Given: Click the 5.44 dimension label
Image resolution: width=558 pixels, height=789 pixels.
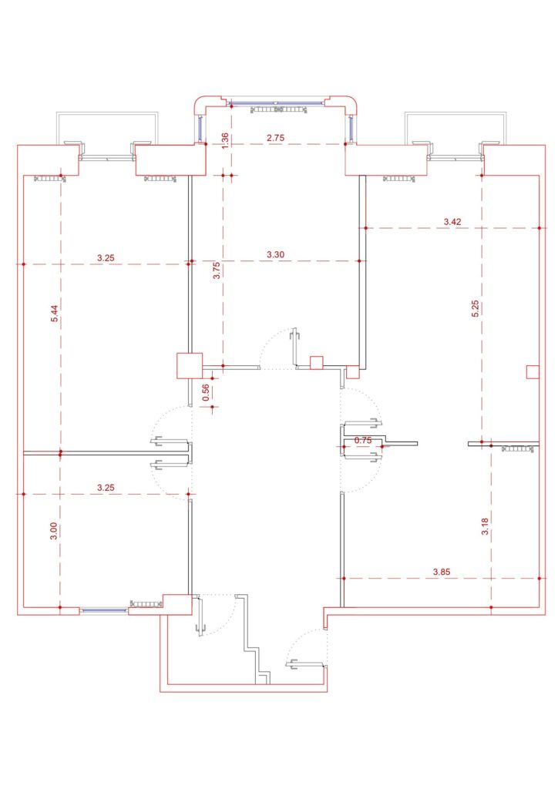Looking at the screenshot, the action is pyautogui.click(x=55, y=314).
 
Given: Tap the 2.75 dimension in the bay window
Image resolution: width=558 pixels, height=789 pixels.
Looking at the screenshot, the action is pyautogui.click(x=275, y=137).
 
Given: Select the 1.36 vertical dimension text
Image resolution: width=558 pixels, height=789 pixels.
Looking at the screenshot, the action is pyautogui.click(x=225, y=139).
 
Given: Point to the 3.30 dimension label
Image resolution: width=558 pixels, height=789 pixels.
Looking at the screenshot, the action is pyautogui.click(x=275, y=254).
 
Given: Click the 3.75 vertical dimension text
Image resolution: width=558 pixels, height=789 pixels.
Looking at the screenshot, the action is pyautogui.click(x=217, y=271).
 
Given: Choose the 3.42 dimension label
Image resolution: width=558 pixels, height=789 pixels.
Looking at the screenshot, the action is pyautogui.click(x=452, y=221).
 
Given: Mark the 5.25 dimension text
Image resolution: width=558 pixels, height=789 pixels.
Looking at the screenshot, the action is pyautogui.click(x=475, y=308).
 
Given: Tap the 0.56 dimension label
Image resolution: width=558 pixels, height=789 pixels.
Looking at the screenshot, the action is pyautogui.click(x=205, y=392).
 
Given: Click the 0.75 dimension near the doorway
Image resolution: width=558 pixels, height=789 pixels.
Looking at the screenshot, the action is pyautogui.click(x=363, y=440).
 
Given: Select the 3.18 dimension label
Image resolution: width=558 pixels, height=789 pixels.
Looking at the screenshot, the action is pyautogui.click(x=485, y=525).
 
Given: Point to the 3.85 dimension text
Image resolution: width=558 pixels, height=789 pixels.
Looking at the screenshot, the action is pyautogui.click(x=442, y=572).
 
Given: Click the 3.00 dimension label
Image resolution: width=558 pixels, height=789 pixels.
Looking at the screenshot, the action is pyautogui.click(x=54, y=532).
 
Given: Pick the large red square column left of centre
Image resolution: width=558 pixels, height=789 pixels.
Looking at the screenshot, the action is pyautogui.click(x=190, y=365).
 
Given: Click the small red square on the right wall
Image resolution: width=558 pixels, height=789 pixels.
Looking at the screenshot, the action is pyautogui.click(x=533, y=372).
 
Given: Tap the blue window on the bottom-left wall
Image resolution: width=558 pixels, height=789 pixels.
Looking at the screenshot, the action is pyautogui.click(x=103, y=610).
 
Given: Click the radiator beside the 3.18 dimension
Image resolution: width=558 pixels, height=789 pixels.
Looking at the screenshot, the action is pyautogui.click(x=518, y=449).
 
